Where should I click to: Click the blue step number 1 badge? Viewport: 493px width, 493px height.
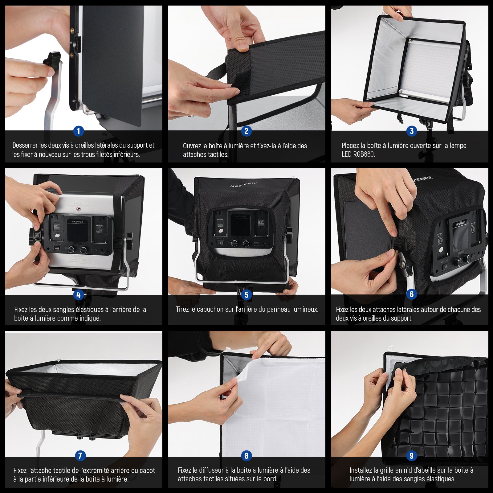[79, 131]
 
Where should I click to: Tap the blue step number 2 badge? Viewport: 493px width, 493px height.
[246, 131]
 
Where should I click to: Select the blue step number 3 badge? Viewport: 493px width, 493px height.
[412, 131]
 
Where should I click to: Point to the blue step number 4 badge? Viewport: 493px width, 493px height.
[79, 295]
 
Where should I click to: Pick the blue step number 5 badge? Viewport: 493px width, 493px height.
[246, 295]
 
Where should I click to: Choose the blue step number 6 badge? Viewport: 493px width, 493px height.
[412, 294]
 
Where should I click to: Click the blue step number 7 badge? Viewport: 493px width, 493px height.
[80, 456]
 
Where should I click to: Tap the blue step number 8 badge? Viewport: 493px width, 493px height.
[246, 456]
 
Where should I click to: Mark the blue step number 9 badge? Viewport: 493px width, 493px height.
[412, 456]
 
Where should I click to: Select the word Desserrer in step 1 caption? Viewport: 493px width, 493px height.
[25, 145]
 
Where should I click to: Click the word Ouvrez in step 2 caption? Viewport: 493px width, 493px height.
[192, 146]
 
